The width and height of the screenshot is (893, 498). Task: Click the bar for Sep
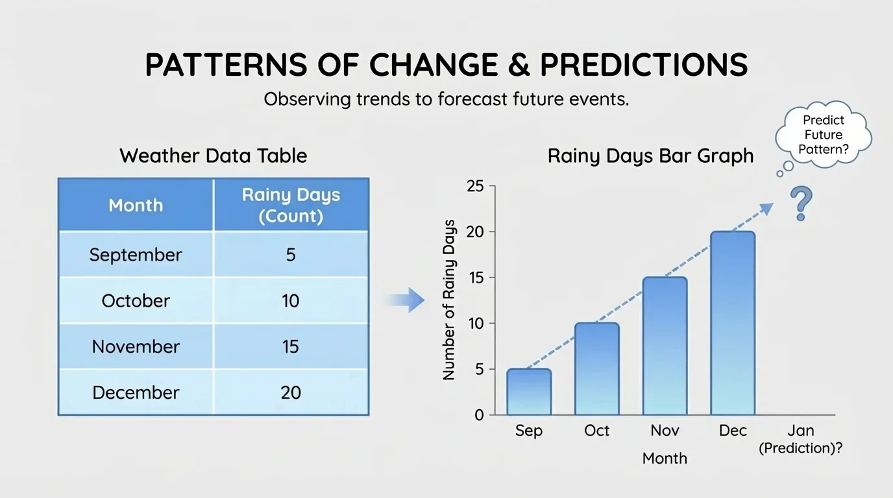point(529,392)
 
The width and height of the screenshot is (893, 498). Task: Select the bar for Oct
point(597,369)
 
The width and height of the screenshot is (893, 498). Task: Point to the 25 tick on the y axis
point(476,187)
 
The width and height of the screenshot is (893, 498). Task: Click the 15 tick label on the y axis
point(476,278)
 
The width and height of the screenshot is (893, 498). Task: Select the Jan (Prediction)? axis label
point(800,439)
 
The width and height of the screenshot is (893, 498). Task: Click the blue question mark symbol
point(801,203)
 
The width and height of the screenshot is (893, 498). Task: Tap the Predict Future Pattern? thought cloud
point(823,135)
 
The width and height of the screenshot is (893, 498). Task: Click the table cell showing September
point(136,255)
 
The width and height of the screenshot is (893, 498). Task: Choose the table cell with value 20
point(291,392)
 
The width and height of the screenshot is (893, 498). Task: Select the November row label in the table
point(136,346)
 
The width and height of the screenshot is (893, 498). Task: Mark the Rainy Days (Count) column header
point(291,205)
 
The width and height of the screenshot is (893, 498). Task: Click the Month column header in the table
point(136,205)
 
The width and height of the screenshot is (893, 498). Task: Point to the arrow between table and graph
point(406,300)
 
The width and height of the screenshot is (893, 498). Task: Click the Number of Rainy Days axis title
point(449,300)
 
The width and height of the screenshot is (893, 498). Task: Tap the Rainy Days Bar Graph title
point(650,156)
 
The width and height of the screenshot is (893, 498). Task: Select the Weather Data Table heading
point(214,156)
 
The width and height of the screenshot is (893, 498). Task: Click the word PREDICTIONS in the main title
point(644,65)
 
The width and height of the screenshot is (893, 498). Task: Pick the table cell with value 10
point(291,301)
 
